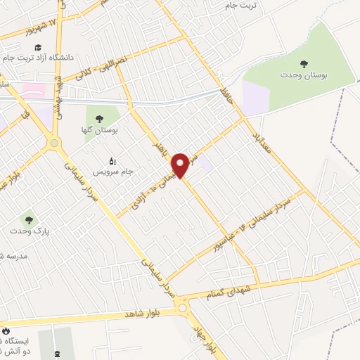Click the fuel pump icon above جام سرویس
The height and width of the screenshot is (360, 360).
click(x=112, y=160)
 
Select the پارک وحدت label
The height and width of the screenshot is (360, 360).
click(x=27, y=231)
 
